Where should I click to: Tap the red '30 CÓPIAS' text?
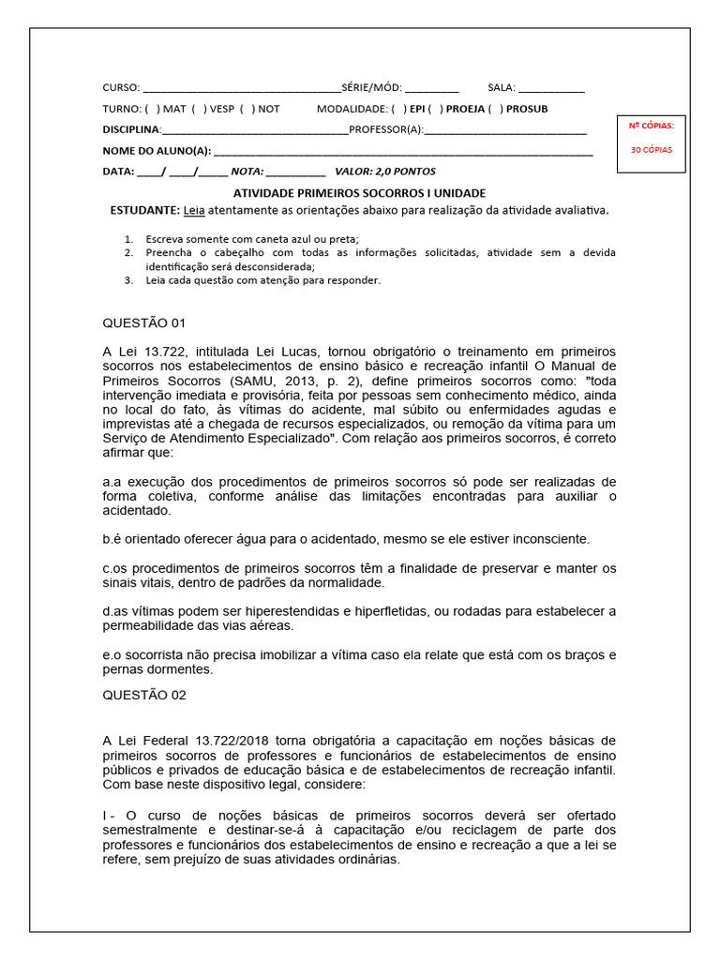651,150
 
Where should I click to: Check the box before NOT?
247,109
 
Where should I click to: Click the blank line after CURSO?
241,88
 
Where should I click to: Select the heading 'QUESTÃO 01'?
144,323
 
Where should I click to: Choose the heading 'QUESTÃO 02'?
144,695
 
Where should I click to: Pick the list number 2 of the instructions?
128,253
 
